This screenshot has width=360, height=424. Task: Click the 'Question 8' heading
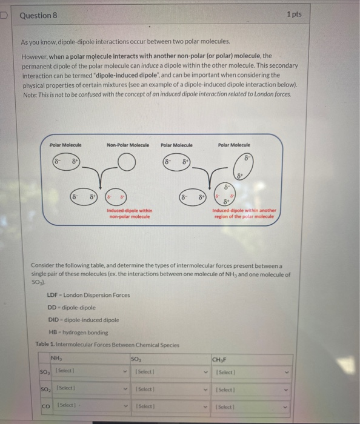[38, 15]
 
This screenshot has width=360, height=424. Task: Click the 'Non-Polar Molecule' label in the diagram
[127, 145]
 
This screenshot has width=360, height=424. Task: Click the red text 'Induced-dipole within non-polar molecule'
[129, 213]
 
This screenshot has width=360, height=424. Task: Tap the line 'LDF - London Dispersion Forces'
[88, 295]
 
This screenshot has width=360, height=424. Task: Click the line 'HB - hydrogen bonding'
[76, 332]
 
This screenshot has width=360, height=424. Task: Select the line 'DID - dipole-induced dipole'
[83, 320]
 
